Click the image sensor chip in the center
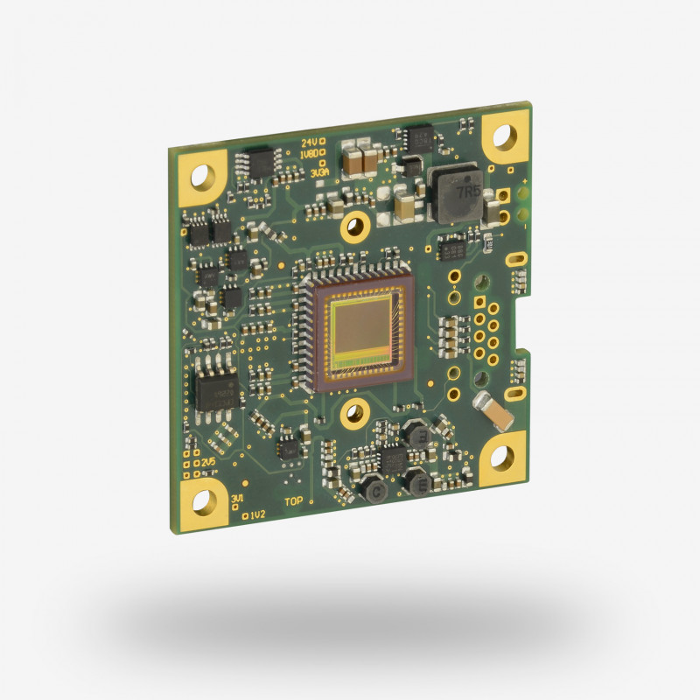coord(358,332)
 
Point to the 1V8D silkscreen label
coord(308,154)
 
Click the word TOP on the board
coord(296,503)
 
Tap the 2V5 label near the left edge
coord(208,461)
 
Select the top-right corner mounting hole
coord(505,136)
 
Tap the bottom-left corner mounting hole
coord(204,500)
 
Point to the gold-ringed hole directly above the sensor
coord(354,225)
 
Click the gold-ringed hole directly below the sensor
coord(356,409)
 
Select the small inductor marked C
coord(377,493)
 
